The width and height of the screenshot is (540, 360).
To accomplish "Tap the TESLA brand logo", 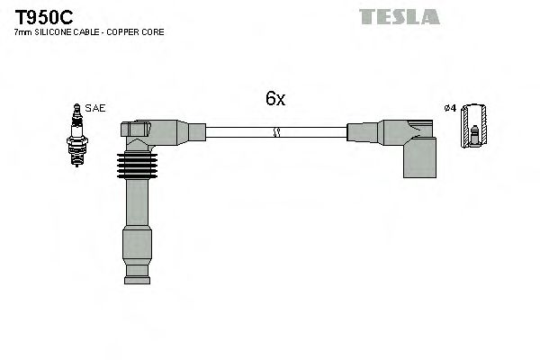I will click(399, 16).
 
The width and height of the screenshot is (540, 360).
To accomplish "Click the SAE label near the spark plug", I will click(95, 108).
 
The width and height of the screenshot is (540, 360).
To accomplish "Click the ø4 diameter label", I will click(451, 109).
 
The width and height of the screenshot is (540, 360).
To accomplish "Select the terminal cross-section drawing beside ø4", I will click(474, 127).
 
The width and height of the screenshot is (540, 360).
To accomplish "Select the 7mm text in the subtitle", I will click(22, 32).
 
